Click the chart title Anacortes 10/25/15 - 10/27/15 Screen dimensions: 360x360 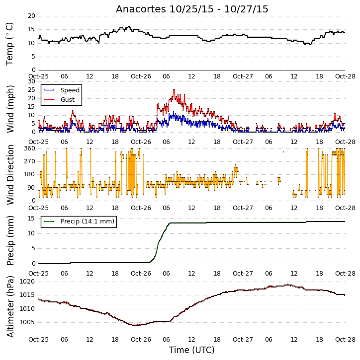[192, 9]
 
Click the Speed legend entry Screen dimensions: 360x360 [62, 90]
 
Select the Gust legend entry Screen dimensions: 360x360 [59, 100]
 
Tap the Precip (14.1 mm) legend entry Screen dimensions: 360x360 [79, 221]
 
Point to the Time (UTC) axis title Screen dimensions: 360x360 [192, 350]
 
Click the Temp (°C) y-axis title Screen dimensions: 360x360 [9, 44]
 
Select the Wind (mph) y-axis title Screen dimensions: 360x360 [10, 109]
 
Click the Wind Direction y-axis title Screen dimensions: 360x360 [10, 175]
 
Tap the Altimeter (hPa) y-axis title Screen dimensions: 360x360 [10, 307]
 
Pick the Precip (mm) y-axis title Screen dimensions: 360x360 [10, 241]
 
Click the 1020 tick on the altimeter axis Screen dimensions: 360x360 [27, 282]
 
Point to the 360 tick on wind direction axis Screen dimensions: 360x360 [30, 148]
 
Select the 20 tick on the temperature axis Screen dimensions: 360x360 [31, 16]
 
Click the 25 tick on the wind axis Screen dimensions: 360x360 [31, 90]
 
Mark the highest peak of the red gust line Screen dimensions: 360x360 [174, 90]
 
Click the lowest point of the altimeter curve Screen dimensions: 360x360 [136, 325]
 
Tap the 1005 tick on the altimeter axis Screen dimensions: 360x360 [27, 322]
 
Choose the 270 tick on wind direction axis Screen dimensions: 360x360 [30, 161]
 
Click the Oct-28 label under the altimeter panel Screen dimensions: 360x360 [345, 339]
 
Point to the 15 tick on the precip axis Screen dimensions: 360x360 [31, 218]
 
